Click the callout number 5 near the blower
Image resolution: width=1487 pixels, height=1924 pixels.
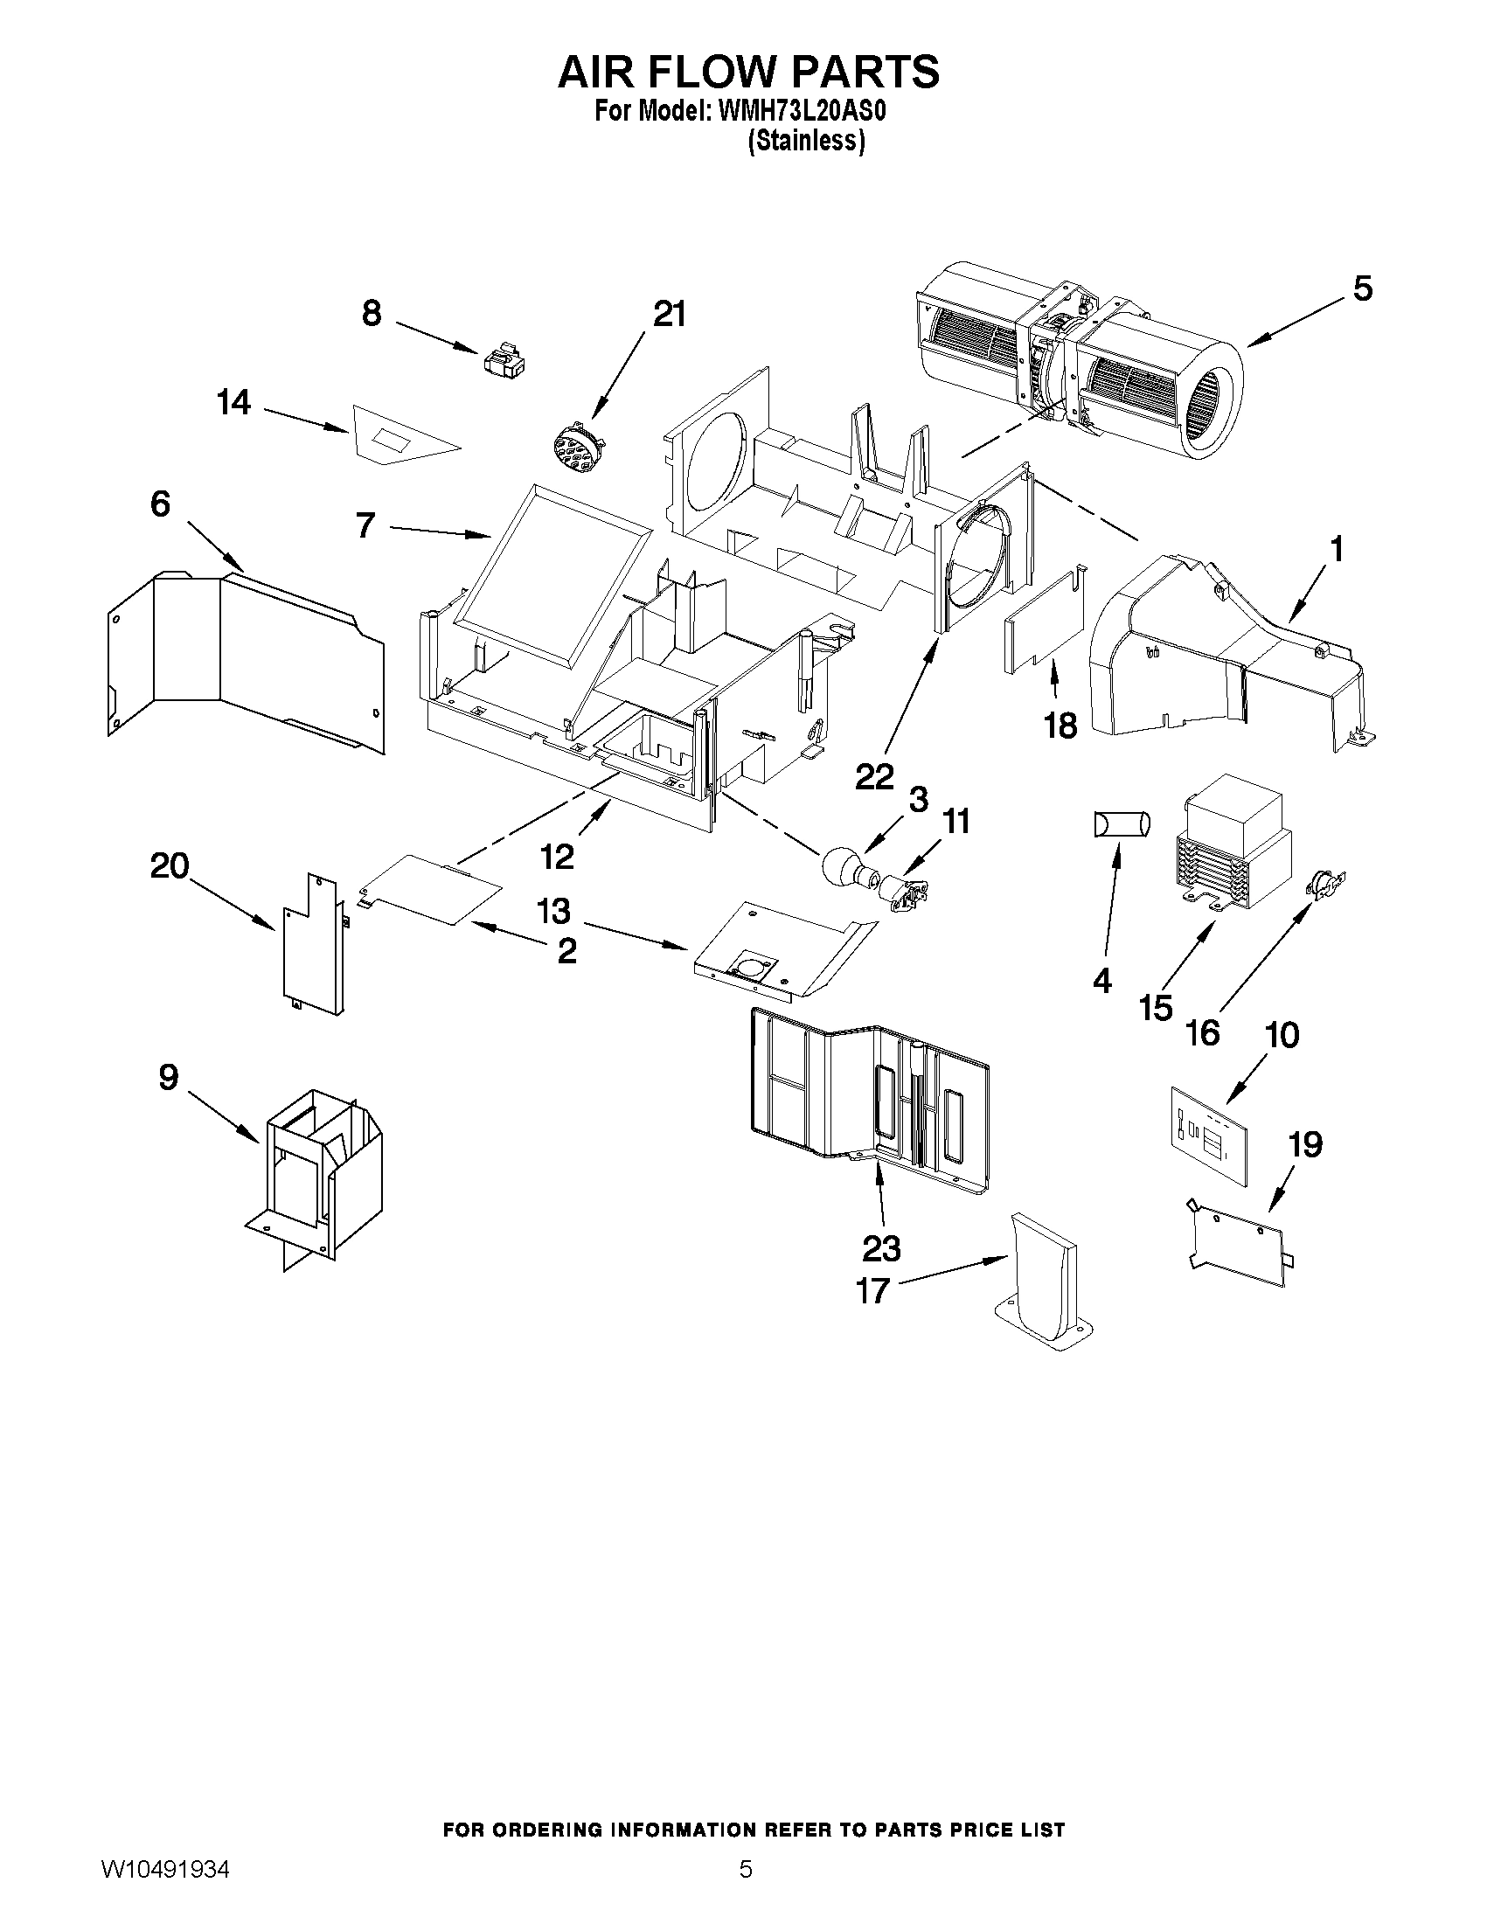(1362, 288)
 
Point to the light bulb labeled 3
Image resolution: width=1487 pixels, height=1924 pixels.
(843, 868)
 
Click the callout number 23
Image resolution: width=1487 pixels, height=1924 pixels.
(881, 1248)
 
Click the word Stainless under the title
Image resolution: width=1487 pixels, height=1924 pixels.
(806, 141)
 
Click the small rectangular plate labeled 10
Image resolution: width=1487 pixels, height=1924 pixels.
(1210, 1135)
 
